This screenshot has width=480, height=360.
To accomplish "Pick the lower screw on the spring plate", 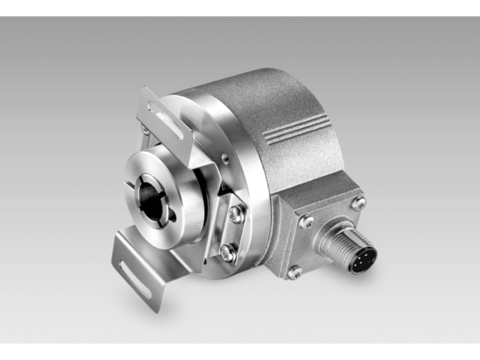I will tap(227, 252).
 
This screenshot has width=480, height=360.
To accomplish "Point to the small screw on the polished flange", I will tap(223, 157).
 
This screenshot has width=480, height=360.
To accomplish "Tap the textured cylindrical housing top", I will tap(259, 95).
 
